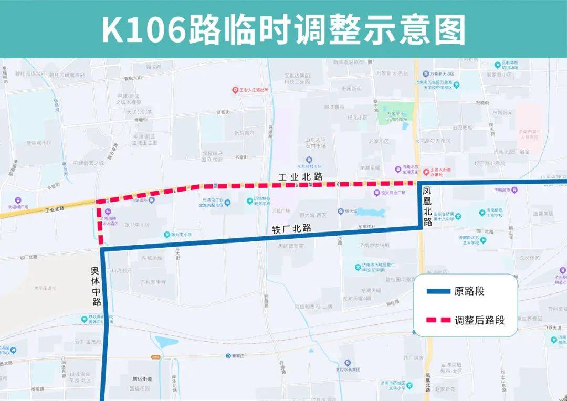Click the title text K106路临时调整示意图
coord(283,29)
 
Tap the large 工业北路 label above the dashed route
coord(300,177)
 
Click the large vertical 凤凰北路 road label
coord(427,206)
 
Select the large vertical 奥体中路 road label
coord(95,287)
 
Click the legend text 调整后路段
coord(480,320)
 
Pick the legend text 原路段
coord(469,292)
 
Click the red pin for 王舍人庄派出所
coord(236,90)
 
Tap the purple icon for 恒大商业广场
coord(376,193)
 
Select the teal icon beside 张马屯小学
coord(166,235)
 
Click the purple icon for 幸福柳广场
coord(18,201)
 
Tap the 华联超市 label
coord(502,190)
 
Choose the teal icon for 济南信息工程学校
coord(482,213)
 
